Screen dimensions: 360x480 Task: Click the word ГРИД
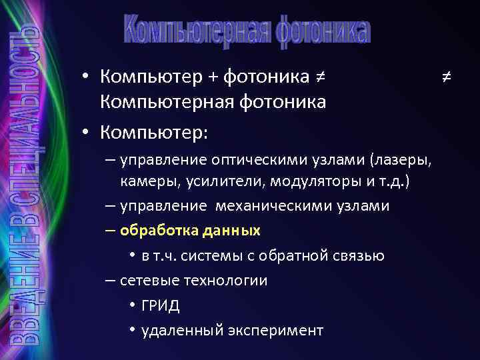point(160,306)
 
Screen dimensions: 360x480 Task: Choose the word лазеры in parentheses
point(407,160)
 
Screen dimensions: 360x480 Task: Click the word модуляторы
point(301,182)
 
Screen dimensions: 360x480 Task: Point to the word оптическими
point(245,160)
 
